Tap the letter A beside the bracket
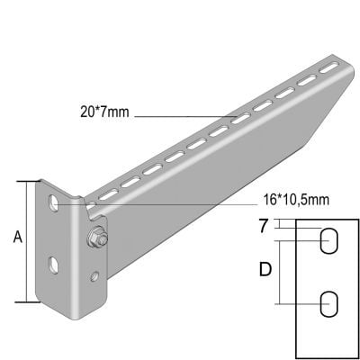tap(17, 238)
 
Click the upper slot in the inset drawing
tap(329, 240)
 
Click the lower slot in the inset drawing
tap(329, 303)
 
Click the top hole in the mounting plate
tap(56, 202)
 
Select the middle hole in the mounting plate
tap(54, 263)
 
